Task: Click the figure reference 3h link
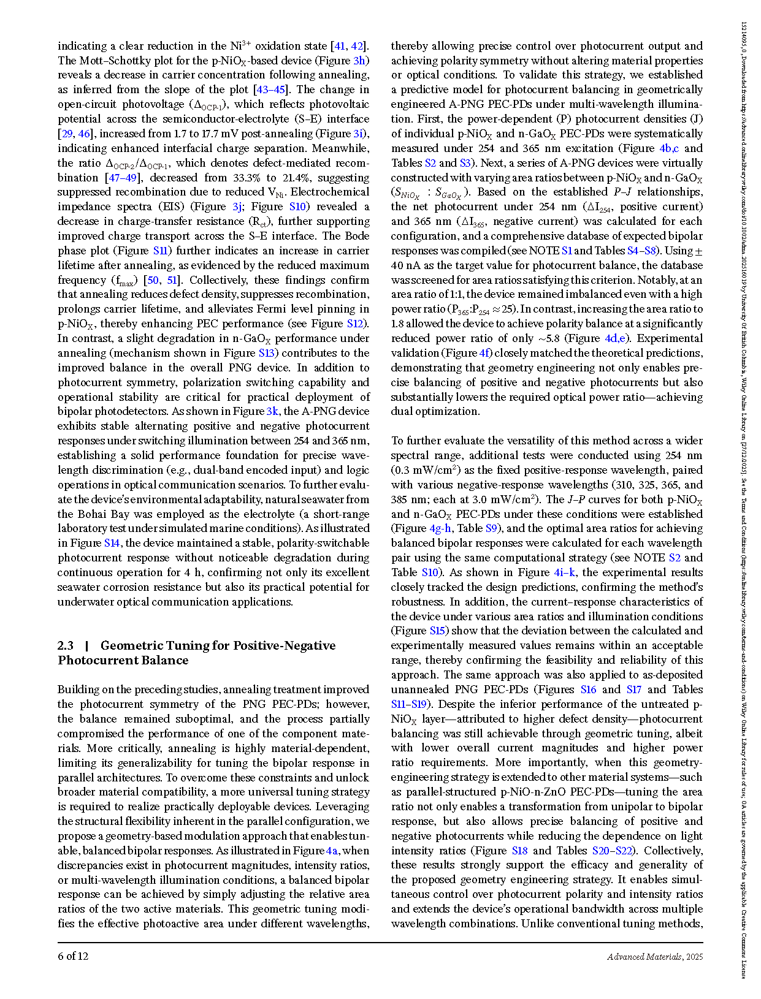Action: coord(360,61)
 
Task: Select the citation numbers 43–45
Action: coord(271,89)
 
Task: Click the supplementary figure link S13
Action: coord(266,353)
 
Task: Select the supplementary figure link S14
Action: coord(112,543)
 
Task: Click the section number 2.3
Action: coord(66,646)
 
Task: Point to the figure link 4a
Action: coord(332,851)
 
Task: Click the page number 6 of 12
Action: coord(73,957)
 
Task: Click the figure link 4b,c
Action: coord(669,148)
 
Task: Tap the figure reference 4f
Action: coord(484,353)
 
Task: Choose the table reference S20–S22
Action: coord(612,851)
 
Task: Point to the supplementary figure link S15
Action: coord(437,631)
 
